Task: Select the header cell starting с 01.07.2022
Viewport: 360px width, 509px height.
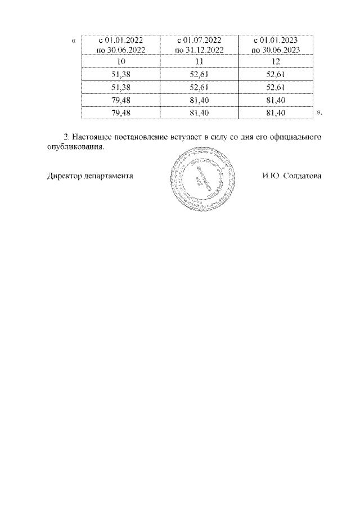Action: tap(199, 45)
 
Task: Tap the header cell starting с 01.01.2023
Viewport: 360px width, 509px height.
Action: tap(276, 45)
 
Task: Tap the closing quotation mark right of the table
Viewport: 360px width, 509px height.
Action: tap(319, 113)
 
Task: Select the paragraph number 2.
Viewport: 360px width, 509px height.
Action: tap(66, 137)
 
